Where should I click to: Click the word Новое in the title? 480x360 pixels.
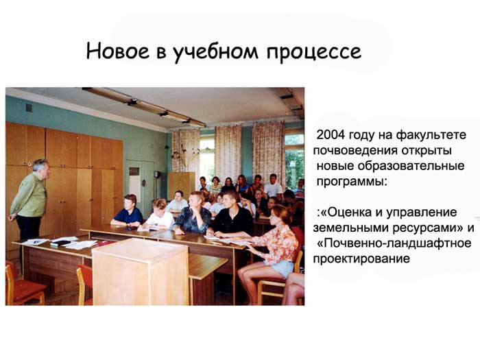click(117, 51)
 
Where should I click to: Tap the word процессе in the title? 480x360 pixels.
click(314, 53)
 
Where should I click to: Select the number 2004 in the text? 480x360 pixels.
click(331, 134)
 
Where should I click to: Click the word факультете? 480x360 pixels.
click(431, 135)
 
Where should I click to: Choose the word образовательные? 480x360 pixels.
click(411, 166)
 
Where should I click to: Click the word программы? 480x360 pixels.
click(352, 182)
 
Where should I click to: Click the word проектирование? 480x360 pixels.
click(361, 259)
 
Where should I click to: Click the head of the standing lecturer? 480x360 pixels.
click(41, 169)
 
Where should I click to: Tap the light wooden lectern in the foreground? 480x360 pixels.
click(141, 272)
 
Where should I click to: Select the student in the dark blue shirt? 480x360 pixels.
click(128, 212)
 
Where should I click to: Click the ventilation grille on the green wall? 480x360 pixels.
click(29, 108)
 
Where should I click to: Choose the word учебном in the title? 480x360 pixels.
click(217, 52)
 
